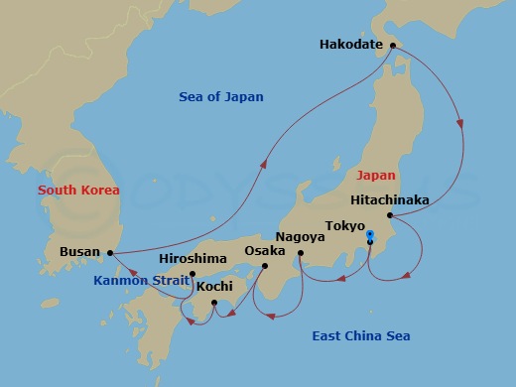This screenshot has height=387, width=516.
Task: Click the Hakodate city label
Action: pyautogui.click(x=352, y=44)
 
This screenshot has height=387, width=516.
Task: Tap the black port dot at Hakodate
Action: pyautogui.click(x=391, y=44)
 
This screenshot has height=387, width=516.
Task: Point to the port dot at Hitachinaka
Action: pyautogui.click(x=390, y=215)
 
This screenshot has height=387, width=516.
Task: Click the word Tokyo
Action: pyautogui.click(x=345, y=225)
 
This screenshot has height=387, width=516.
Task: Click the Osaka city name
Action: pyautogui.click(x=265, y=251)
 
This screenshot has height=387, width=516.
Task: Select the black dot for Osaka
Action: pyautogui.click(x=265, y=265)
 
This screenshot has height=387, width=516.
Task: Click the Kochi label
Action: pyautogui.click(x=214, y=287)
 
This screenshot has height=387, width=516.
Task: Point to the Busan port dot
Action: pyautogui.click(x=110, y=252)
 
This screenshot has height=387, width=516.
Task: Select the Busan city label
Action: pyautogui.click(x=79, y=252)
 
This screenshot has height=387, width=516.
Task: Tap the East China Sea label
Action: pyautogui.click(x=361, y=336)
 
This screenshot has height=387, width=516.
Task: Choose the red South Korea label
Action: pyautogui.click(x=78, y=190)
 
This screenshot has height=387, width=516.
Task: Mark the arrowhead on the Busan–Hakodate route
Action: pyautogui.click(x=266, y=165)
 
